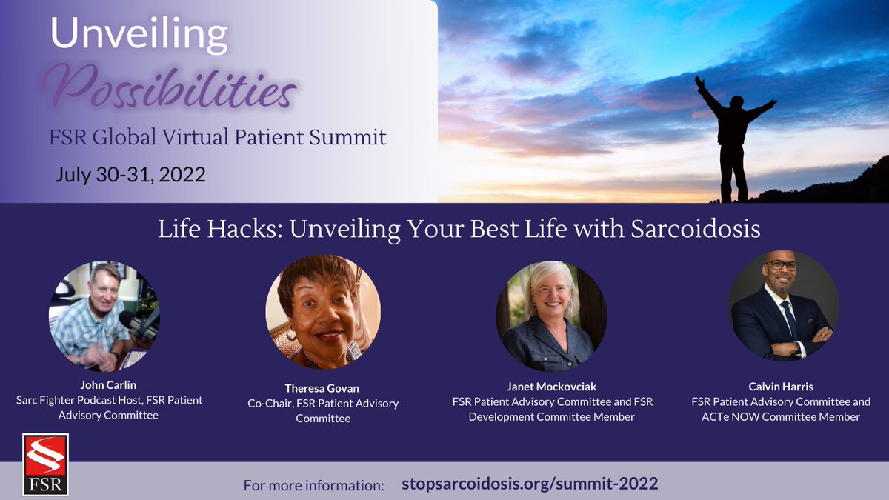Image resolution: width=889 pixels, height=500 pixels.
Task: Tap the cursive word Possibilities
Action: [170, 90]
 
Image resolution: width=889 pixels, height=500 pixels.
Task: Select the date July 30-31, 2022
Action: [130, 176]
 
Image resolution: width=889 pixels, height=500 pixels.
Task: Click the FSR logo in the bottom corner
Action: [45, 464]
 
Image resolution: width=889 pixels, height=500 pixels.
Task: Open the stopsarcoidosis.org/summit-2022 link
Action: [530, 484]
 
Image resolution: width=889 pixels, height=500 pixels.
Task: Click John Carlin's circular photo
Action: [104, 314]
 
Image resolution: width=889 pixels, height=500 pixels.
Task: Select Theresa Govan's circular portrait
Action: [323, 312]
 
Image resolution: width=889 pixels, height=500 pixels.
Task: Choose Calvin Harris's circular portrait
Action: [784, 305]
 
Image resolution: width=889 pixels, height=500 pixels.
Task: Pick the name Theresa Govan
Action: [323, 388]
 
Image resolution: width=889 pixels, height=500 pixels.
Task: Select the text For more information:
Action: [314, 486]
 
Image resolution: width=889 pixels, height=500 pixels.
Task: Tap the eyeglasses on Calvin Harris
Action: [782, 265]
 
